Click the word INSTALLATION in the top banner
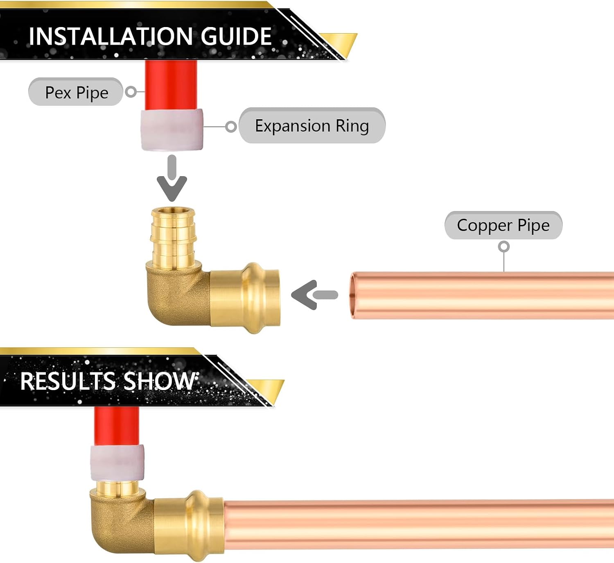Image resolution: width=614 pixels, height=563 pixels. (x=111, y=36)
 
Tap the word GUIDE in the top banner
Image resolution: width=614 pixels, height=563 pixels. (x=236, y=36)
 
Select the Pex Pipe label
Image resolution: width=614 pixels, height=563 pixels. (x=76, y=92)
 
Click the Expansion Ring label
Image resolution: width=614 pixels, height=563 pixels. (x=312, y=125)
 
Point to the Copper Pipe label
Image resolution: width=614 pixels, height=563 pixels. (x=503, y=225)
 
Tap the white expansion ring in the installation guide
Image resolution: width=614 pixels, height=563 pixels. (x=172, y=129)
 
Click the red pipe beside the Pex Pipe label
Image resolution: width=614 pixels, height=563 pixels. (x=171, y=85)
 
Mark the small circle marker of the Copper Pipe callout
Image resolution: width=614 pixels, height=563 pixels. (x=503, y=246)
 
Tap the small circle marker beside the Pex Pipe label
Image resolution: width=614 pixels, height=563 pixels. (x=131, y=92)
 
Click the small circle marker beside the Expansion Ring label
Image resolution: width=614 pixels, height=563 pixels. (x=231, y=126)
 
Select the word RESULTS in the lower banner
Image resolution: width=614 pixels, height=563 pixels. (x=68, y=381)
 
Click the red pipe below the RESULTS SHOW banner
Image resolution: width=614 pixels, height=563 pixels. (x=117, y=426)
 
